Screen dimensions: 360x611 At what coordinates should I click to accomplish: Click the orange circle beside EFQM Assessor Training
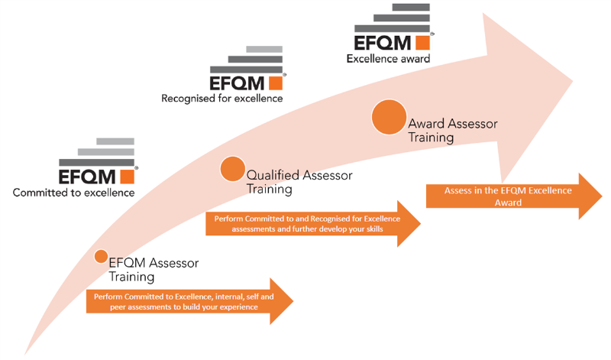[101, 256]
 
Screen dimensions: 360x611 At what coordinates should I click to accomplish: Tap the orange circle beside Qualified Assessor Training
[232, 169]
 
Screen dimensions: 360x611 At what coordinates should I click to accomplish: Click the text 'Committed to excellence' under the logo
[73, 193]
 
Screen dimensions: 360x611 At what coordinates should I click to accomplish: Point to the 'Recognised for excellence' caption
[221, 98]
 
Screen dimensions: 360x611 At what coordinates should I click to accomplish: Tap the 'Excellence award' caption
[388, 58]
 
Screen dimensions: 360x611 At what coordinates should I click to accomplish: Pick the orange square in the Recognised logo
[275, 81]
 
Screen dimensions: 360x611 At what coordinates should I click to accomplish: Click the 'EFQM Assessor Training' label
[154, 269]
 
